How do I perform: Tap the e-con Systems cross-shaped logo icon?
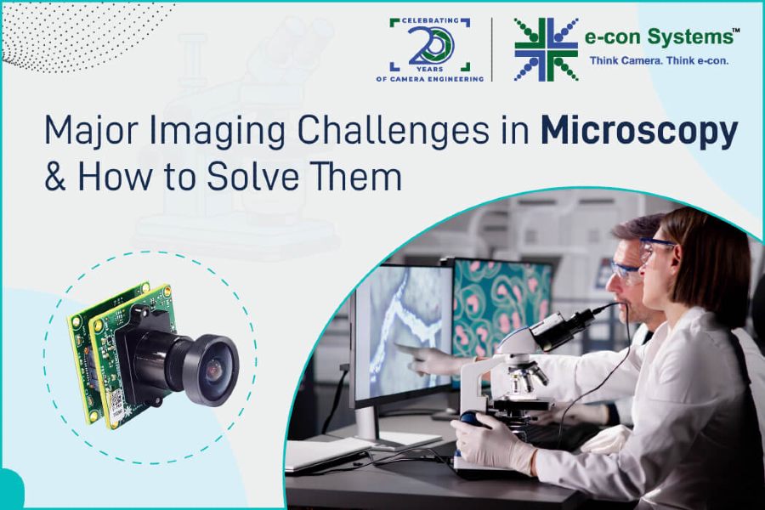[547, 49]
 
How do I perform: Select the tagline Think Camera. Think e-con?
[659, 61]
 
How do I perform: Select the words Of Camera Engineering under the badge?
[430, 79]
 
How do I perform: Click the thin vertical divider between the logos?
[492, 49]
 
